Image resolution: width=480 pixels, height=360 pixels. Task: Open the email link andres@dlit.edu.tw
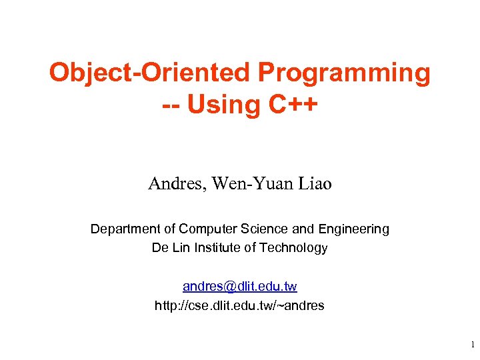(x=239, y=287)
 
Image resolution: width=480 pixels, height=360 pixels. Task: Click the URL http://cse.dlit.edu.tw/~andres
(x=239, y=306)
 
